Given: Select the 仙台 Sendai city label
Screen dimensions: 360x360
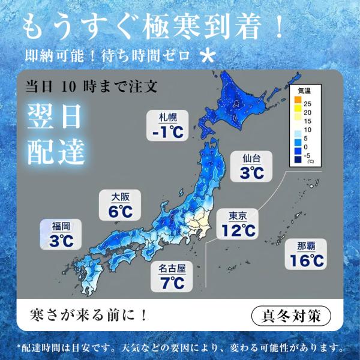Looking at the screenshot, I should coord(251,159).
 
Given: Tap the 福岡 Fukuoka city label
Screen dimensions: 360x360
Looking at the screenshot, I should coord(61,226).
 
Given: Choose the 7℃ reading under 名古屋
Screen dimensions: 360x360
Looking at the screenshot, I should coord(172,282).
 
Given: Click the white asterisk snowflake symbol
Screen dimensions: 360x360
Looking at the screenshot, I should coord(208,56).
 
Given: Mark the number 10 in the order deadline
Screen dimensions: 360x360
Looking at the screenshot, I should coord(71,86).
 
